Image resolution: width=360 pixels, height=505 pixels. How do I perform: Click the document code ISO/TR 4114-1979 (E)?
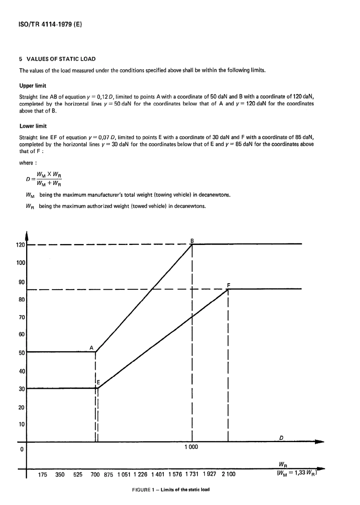coord(50,25)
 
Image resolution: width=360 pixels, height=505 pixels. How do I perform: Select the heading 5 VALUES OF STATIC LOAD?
coord(58,59)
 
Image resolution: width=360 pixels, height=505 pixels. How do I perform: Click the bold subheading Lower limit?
coord(33,126)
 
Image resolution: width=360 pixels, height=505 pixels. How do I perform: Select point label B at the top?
coord(192,240)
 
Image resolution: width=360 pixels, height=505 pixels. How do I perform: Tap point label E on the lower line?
coord(98,383)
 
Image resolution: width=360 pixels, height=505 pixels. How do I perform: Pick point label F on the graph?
coord(229,285)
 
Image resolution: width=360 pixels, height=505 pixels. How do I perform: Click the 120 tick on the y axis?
coord(20,245)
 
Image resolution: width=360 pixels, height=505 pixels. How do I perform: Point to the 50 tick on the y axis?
coord(22,353)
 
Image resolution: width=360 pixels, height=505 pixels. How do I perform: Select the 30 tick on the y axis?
coord(22,389)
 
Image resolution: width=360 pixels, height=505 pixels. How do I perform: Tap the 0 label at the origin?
coord(22,449)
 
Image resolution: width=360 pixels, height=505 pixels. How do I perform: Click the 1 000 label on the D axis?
coord(191,447)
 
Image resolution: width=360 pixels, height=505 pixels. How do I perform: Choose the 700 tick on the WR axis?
coord(95,474)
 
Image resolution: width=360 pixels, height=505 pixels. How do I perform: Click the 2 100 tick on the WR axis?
coord(228,474)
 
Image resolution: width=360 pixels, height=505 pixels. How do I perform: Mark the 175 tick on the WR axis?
coord(43,474)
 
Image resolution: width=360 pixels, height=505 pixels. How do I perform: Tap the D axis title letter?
coord(281,438)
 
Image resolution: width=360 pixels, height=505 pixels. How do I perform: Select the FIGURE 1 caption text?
coord(171,489)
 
